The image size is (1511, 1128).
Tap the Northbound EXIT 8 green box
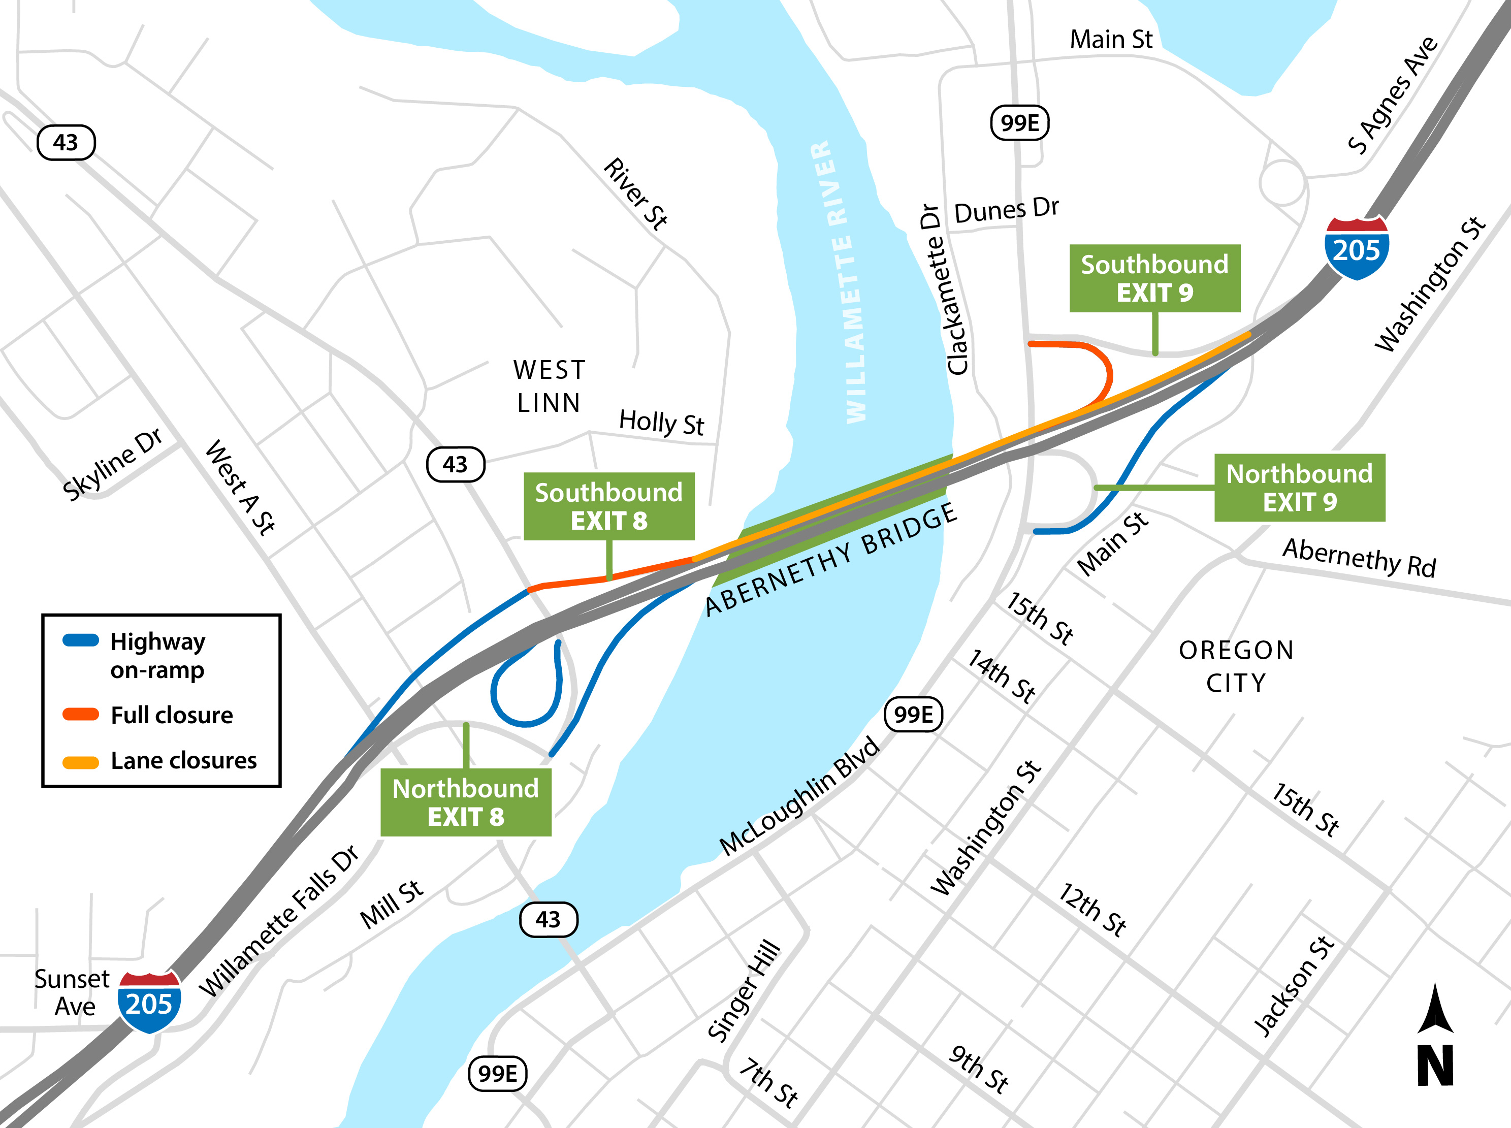[466, 802]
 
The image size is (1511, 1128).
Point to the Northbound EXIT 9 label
[1299, 488]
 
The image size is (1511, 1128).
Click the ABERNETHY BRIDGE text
[831, 560]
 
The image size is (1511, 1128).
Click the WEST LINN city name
[549, 386]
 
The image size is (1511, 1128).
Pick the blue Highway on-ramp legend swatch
[81, 640]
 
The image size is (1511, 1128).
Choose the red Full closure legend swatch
[81, 715]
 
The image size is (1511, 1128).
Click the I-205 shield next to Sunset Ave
[149, 1001]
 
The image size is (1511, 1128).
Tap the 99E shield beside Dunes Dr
[1019, 123]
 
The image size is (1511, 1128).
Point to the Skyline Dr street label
[113, 464]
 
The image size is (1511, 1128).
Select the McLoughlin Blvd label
[799, 795]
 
